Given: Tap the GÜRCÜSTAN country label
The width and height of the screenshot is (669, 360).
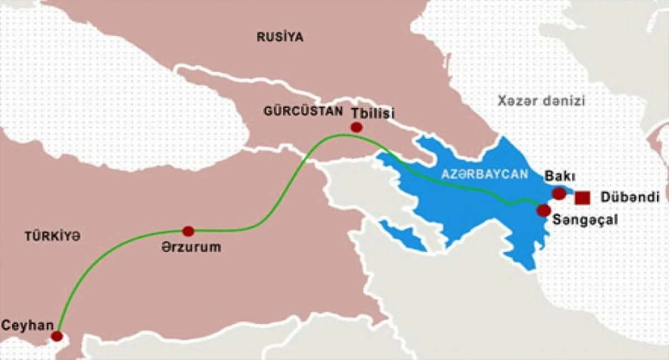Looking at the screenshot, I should [303, 111].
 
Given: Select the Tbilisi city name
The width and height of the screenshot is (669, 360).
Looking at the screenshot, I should [372, 113].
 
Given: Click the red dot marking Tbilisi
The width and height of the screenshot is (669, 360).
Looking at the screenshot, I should [356, 128].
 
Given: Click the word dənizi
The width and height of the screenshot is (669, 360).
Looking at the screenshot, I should [563, 101].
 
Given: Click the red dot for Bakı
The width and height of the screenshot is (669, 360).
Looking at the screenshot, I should [559, 193].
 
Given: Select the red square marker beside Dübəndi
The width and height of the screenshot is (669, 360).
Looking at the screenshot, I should [583, 197].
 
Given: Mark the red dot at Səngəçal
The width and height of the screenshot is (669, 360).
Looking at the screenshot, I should [543, 210].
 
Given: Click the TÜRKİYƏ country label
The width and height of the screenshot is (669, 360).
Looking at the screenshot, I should [52, 236].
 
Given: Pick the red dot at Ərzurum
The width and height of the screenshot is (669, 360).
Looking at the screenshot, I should [188, 231].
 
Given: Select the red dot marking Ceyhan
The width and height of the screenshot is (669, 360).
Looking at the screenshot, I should [56, 336].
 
